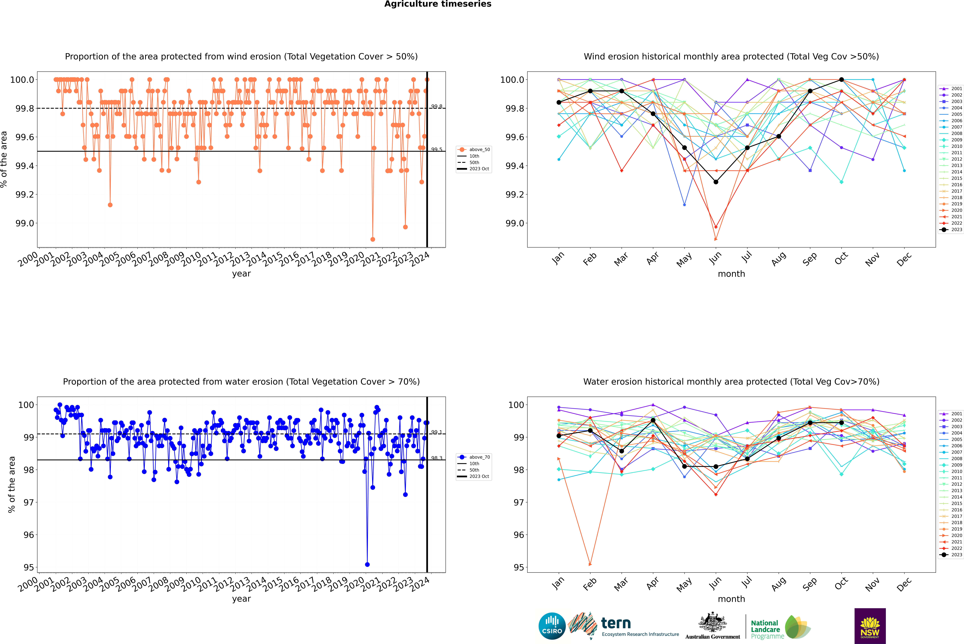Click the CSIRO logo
tap(552, 626)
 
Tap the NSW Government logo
tap(870, 626)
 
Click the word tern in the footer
tap(616, 623)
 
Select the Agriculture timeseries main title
tap(438, 4)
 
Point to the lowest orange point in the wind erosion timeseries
tap(373, 239)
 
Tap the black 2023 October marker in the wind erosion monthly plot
tap(842, 80)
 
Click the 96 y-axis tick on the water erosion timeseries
tap(29, 535)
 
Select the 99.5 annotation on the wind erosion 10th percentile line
tap(436, 150)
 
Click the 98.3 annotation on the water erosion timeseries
tap(436, 458)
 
